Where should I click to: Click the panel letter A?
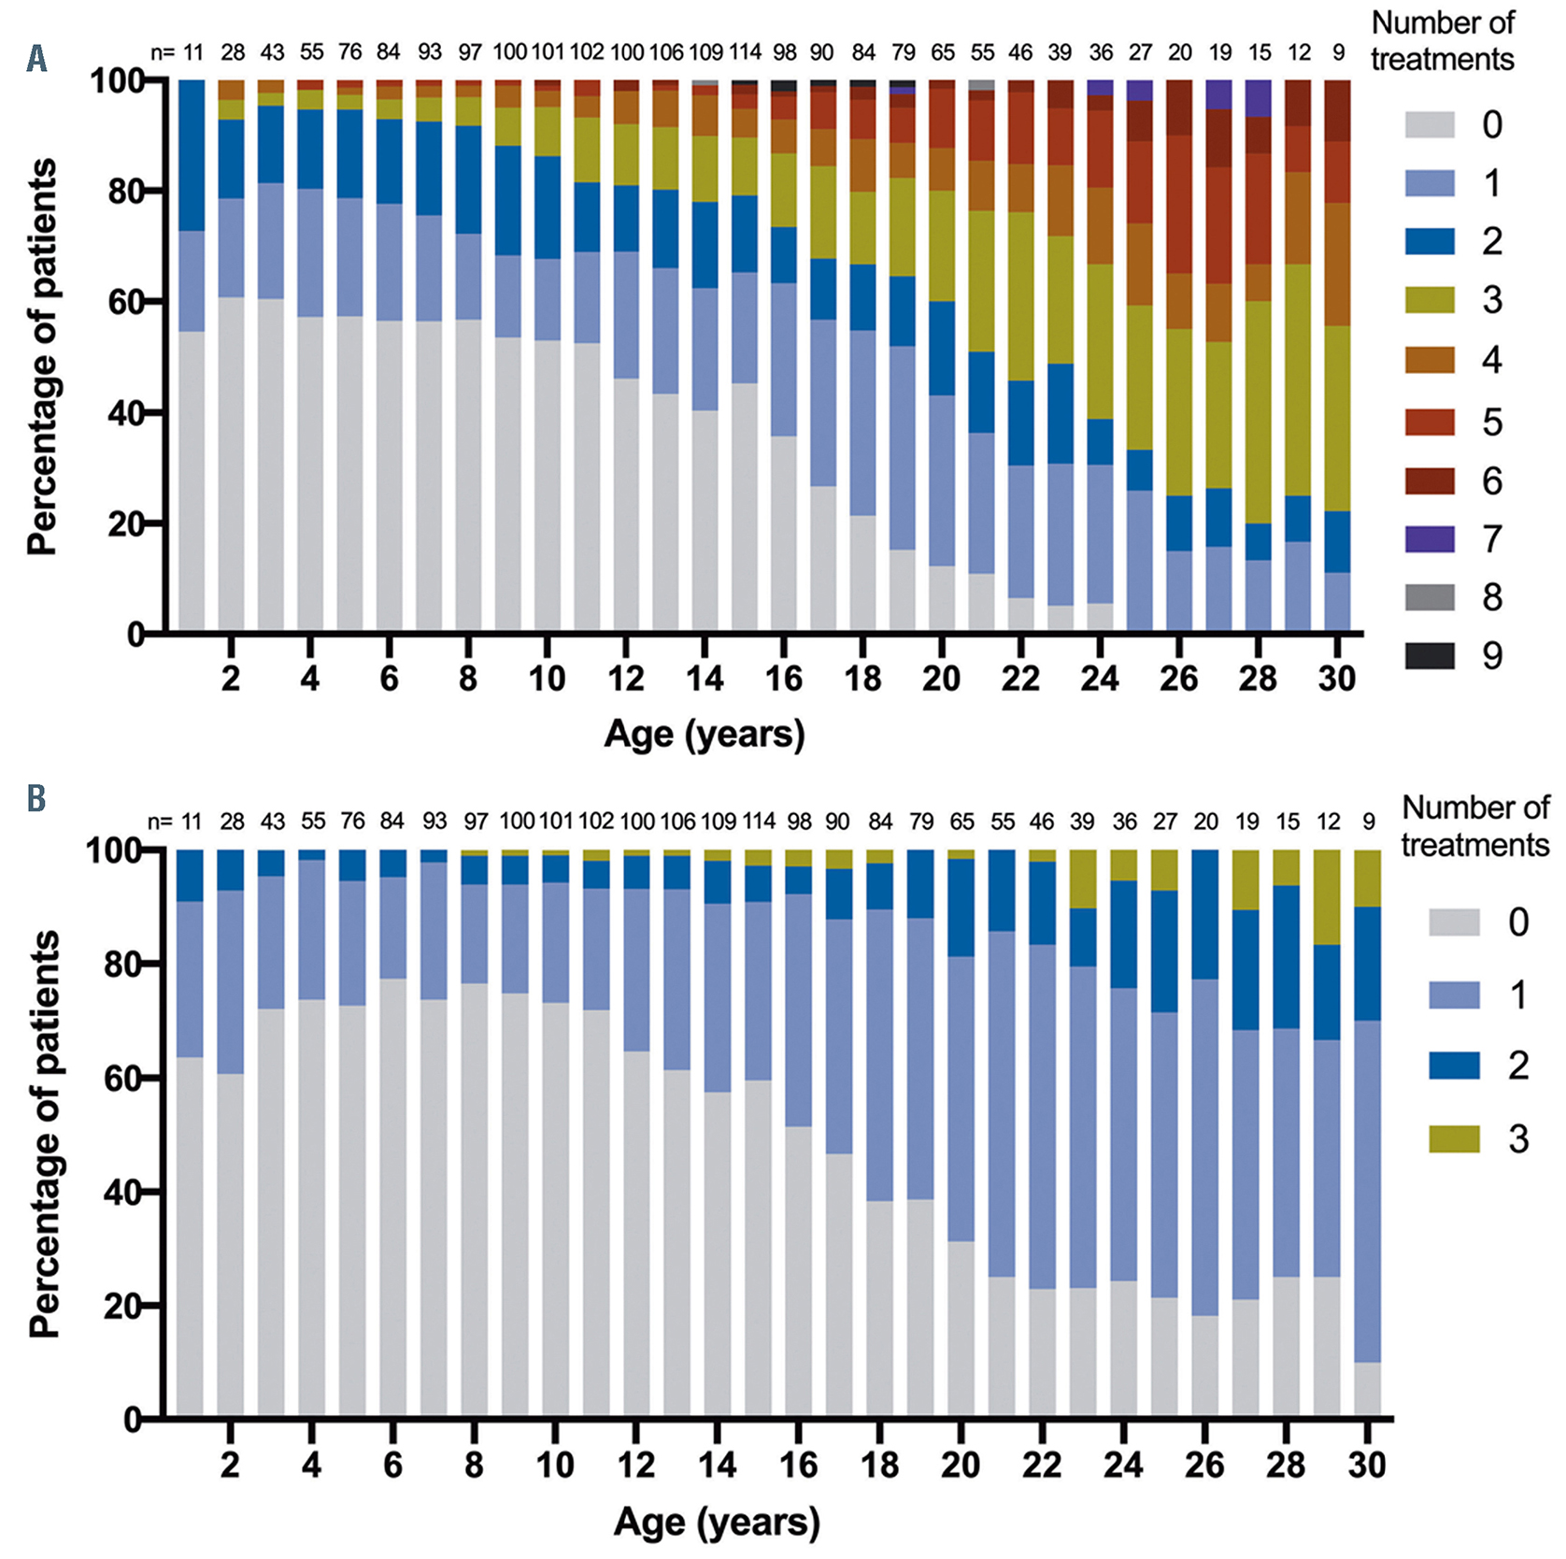pos(36,61)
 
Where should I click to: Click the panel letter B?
pos(36,799)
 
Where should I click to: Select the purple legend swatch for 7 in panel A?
pos(1430,539)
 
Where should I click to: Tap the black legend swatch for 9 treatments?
pos(1430,656)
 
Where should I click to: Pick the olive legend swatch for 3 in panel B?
pos(1454,1138)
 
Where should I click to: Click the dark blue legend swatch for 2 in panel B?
pos(1454,1066)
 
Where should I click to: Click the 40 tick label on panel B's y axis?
pos(121,1192)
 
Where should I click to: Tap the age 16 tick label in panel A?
pos(783,678)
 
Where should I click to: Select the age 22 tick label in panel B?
pos(1041,1465)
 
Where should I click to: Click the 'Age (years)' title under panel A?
pos(705,735)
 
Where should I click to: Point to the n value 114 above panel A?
pos(746,52)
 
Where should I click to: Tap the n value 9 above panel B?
pos(1368,822)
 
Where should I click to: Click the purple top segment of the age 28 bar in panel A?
pos(1259,98)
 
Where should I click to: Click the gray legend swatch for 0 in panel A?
pos(1430,124)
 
